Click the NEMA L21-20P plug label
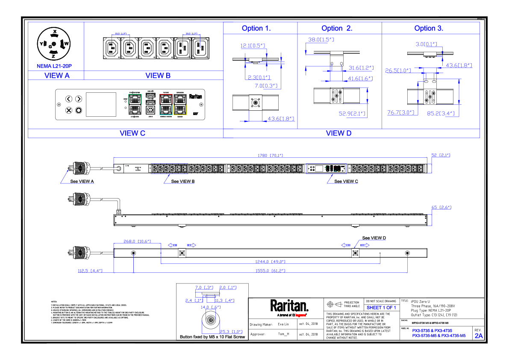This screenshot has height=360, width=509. tap(55, 67)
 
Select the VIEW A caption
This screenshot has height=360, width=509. tap(57, 76)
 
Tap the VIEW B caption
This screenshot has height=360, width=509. tap(158, 76)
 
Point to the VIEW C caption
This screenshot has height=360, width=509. tap(132, 133)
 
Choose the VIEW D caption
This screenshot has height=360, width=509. tap(338, 133)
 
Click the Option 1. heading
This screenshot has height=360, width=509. tap(256, 28)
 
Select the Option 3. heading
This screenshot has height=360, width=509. tap(429, 28)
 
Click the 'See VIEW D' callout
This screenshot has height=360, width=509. tap(374, 238)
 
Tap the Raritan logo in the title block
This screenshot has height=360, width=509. tap(289, 306)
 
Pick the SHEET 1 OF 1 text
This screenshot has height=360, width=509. tap(381, 307)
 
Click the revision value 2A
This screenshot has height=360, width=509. tap(479, 336)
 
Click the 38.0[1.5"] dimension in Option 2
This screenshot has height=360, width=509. tap(321, 39)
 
